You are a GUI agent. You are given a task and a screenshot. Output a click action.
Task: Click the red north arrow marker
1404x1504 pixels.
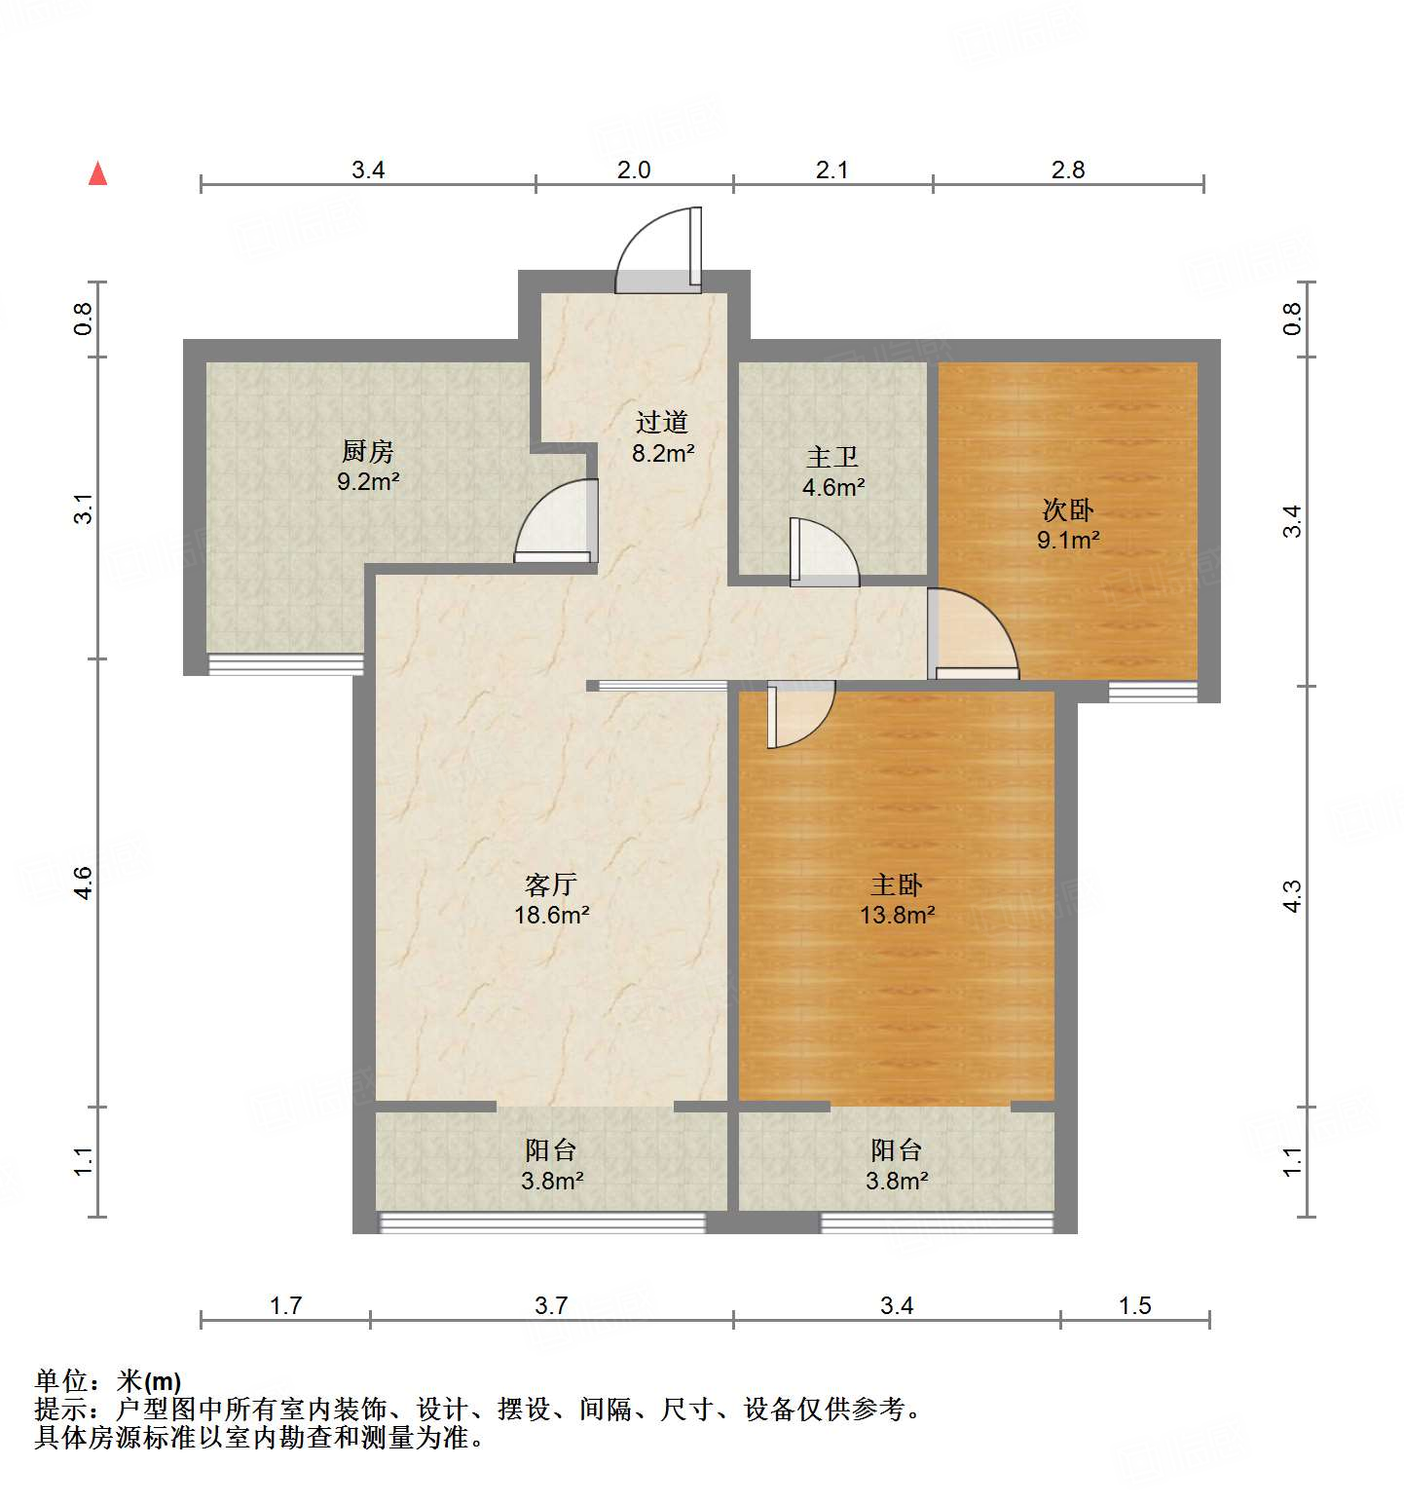pyautogui.click(x=97, y=174)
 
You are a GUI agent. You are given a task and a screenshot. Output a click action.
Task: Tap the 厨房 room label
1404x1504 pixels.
pyautogui.click(x=368, y=451)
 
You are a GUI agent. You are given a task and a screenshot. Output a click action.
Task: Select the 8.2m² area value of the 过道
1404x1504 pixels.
pyautogui.click(x=663, y=453)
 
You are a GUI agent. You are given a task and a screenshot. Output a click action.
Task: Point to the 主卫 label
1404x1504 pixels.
pyautogui.click(x=832, y=457)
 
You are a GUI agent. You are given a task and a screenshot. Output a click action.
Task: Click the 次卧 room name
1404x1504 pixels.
pyautogui.click(x=1068, y=509)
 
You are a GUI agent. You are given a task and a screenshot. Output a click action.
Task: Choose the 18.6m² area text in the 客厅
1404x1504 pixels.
pyautogui.click(x=552, y=915)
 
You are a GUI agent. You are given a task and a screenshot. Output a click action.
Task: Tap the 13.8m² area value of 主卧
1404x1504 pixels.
pyautogui.click(x=897, y=915)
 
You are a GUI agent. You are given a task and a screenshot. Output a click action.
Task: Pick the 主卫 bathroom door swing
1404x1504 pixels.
pyautogui.click(x=824, y=552)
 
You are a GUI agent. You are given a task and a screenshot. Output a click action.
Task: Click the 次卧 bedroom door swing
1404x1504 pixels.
pyautogui.click(x=972, y=634)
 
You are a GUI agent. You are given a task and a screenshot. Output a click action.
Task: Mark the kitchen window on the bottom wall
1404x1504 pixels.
pyautogui.click(x=285, y=665)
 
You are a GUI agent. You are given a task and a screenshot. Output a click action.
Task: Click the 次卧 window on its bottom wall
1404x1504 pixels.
pyautogui.click(x=1153, y=692)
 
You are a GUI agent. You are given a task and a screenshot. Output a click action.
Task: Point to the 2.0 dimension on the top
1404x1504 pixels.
pyautogui.click(x=634, y=170)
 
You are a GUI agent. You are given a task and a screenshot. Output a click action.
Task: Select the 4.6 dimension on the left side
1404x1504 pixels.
pyautogui.click(x=83, y=883)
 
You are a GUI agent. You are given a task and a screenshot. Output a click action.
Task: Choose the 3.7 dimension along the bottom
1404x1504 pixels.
pyautogui.click(x=551, y=1305)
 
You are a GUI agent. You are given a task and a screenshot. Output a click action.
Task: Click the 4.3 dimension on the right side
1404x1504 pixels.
pyautogui.click(x=1291, y=896)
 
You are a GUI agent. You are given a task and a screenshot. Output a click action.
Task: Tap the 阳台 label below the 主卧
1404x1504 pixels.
pyautogui.click(x=896, y=1150)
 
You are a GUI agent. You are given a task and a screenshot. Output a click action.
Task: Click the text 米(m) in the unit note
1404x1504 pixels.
pyautogui.click(x=149, y=1381)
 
